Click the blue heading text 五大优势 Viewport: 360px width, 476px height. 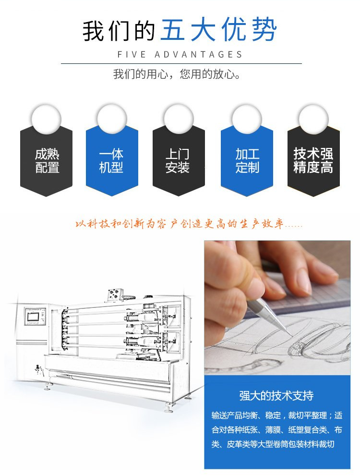point(218,30)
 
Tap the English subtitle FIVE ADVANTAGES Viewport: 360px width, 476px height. point(180,55)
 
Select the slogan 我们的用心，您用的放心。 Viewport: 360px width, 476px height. point(177,74)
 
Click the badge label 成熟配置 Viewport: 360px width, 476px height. point(47,161)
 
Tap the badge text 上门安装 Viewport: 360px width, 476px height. point(178,161)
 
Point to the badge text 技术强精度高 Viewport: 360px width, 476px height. point(313,161)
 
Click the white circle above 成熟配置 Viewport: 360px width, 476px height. point(47,119)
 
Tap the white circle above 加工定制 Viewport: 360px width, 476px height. point(247,119)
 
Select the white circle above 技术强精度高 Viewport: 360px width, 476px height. point(313,119)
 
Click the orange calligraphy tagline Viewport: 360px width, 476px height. point(189,224)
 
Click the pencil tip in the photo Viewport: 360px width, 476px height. point(291,336)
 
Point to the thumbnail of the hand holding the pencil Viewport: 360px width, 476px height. point(277,308)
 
